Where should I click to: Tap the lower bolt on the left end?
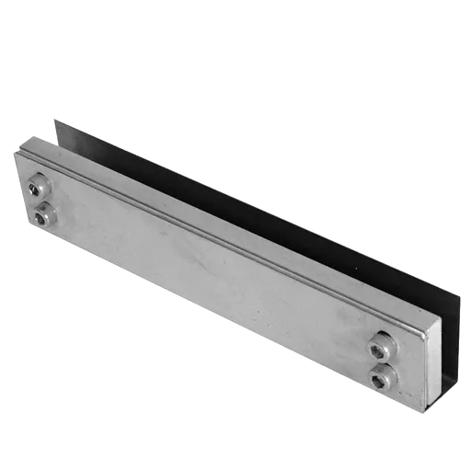point(43,215)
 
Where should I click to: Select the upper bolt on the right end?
point(381,348)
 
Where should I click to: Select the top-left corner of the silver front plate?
point(16,150)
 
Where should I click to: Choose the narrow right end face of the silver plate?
point(431,368)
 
